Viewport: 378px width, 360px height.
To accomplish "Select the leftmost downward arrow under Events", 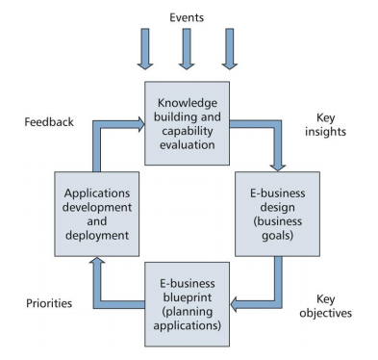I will click(x=145, y=49).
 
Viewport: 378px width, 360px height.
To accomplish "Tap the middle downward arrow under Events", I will click(x=187, y=49).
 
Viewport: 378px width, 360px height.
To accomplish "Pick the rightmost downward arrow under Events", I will click(x=228, y=49).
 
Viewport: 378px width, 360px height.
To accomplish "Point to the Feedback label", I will click(x=48, y=123).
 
